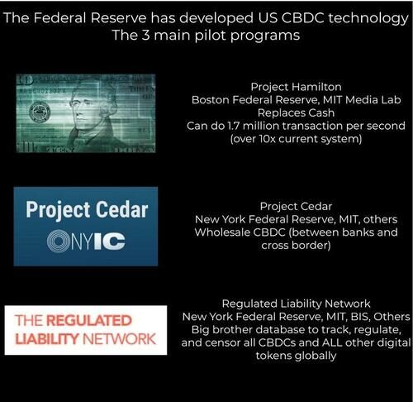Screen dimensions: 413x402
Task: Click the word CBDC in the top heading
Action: (x=302, y=18)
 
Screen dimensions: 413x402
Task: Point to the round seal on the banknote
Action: (x=40, y=112)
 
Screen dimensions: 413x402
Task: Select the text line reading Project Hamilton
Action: (x=296, y=87)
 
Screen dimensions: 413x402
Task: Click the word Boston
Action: (x=210, y=100)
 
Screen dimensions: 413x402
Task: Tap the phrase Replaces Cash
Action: (x=296, y=112)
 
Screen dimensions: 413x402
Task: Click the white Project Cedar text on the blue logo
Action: (x=87, y=210)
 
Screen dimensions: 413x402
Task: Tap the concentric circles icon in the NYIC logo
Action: (x=58, y=241)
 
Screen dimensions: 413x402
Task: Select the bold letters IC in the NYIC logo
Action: (x=110, y=242)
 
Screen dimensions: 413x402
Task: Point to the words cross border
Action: (x=296, y=246)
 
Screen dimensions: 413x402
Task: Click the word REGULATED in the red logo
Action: (x=89, y=320)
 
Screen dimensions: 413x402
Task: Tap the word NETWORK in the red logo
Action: (x=119, y=339)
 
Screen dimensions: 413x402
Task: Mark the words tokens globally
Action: (x=296, y=356)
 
